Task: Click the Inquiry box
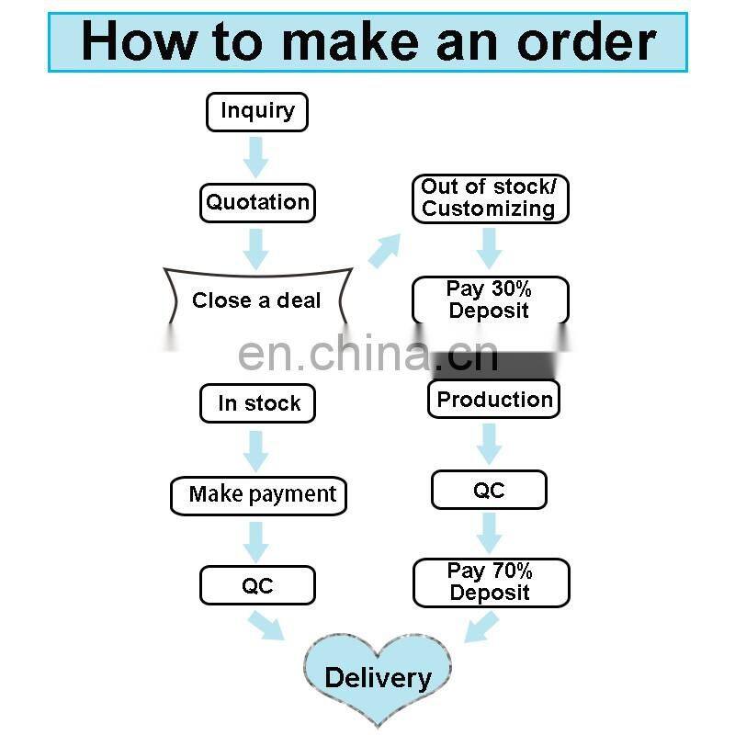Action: (x=256, y=112)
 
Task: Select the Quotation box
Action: (x=257, y=202)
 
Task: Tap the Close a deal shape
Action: (x=256, y=300)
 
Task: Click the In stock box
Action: (x=257, y=403)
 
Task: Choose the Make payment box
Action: (x=259, y=494)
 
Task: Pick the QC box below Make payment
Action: (x=257, y=585)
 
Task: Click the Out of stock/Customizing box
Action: (x=489, y=198)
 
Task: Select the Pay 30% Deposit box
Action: (x=489, y=300)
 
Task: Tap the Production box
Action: (x=493, y=400)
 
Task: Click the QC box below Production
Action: (x=489, y=490)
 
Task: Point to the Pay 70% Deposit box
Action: (x=491, y=582)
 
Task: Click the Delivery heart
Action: (x=378, y=677)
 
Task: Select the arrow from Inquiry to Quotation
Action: (x=256, y=157)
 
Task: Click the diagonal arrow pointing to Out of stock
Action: (x=385, y=250)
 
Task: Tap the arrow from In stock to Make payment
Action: (x=256, y=449)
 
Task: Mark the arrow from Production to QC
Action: (x=489, y=444)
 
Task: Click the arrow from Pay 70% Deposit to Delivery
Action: (x=481, y=627)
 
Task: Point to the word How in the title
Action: (x=140, y=41)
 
